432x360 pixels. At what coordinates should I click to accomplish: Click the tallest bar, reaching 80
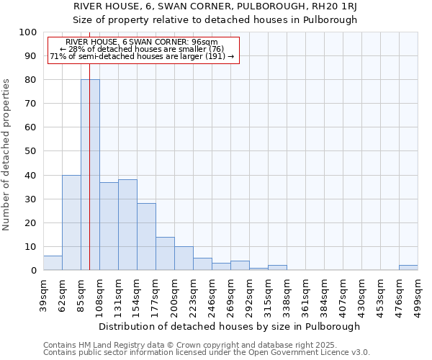(x=90, y=175)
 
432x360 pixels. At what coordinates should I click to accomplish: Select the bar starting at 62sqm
(x=71, y=222)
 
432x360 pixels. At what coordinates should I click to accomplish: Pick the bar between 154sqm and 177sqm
(x=146, y=237)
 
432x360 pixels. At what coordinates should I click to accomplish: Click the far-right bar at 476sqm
(x=408, y=268)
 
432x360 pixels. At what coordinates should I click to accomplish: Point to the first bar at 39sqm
(x=53, y=264)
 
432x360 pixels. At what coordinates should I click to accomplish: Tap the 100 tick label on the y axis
(x=28, y=32)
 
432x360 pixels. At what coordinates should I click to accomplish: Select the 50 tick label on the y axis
(x=31, y=151)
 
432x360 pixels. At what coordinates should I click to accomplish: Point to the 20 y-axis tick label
(x=31, y=222)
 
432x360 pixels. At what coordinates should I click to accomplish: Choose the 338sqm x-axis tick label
(x=287, y=293)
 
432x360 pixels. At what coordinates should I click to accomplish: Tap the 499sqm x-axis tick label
(x=418, y=293)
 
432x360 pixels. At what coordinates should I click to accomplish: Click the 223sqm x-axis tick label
(x=194, y=293)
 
